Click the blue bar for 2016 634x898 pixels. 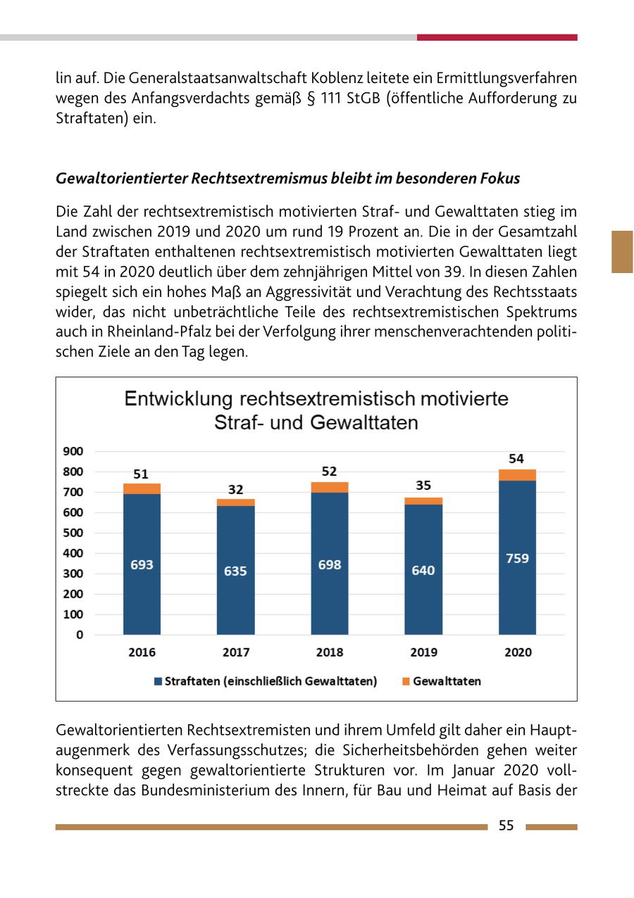pyautogui.click(x=142, y=563)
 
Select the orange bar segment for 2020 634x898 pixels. pyautogui.click(x=517, y=475)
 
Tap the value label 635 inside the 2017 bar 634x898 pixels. pyautogui.click(x=235, y=571)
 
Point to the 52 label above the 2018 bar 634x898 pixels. pyautogui.click(x=329, y=472)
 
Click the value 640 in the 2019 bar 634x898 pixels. pyautogui.click(x=423, y=571)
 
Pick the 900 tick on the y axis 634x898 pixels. pyautogui.click(x=74, y=451)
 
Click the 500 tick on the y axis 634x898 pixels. pyautogui.click(x=74, y=533)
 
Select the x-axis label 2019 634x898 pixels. pyautogui.click(x=423, y=652)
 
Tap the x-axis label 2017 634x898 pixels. pyautogui.click(x=235, y=652)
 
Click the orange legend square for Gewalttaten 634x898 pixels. pyautogui.click(x=405, y=681)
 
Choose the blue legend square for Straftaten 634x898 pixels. pyautogui.click(x=158, y=681)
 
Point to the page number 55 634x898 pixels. pyautogui.click(x=506, y=826)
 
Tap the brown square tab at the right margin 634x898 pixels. pyautogui.click(x=622, y=251)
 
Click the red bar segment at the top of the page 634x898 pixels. pyautogui.click(x=497, y=37)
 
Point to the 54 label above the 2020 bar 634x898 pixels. pyautogui.click(x=516, y=459)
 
